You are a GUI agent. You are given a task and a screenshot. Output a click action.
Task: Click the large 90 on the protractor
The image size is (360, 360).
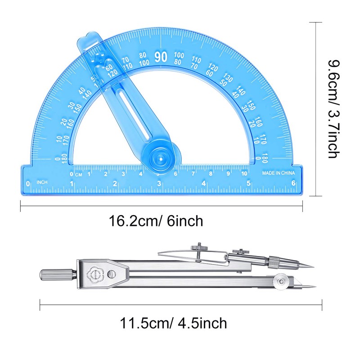(161, 57)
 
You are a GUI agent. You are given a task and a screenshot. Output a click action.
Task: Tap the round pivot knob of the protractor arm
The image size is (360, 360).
(158, 158)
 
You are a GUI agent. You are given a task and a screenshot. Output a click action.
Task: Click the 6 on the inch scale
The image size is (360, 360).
(293, 183)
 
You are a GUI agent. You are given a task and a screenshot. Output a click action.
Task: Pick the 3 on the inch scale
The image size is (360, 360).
(159, 183)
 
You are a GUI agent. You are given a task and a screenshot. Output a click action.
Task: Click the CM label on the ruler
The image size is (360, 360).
(79, 174)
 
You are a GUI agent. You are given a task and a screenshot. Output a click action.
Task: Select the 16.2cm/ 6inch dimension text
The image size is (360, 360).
(156, 221)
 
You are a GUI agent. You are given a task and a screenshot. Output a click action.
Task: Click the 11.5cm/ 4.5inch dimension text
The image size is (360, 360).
(173, 323)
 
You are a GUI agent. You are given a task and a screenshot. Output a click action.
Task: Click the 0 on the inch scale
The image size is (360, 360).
(28, 183)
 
